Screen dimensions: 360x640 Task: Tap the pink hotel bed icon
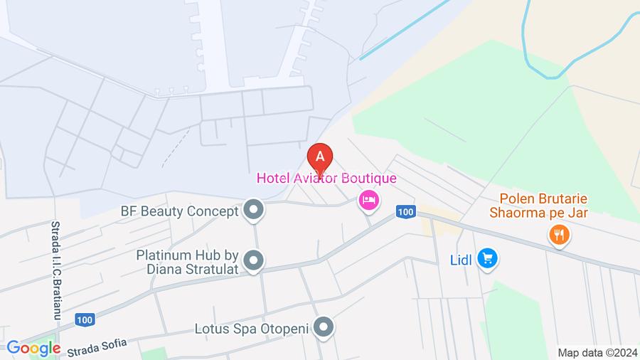pos(368,200)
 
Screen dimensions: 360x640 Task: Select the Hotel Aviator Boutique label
pos(326,178)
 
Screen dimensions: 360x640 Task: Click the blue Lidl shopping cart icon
pos(486,259)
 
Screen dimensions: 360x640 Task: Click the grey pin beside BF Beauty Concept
pos(253,211)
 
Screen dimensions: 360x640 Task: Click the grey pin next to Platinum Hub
pos(253,260)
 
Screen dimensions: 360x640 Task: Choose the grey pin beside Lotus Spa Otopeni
pos(324,329)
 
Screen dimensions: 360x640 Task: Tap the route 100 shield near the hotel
pos(405,211)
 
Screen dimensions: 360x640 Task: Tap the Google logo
pos(33,348)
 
